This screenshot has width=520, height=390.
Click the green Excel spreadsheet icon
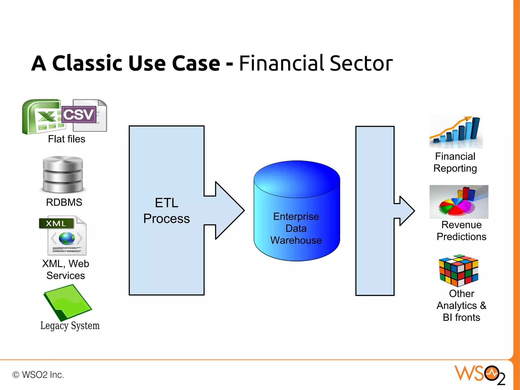tap(41, 117)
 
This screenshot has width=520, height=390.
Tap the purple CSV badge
tap(79, 115)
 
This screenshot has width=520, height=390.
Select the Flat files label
tap(67, 139)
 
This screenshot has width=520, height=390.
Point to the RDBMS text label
tap(64, 202)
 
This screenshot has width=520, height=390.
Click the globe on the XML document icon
tap(67, 238)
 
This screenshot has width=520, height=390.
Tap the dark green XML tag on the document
tap(56, 223)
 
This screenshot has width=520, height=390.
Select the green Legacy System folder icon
tap(67, 302)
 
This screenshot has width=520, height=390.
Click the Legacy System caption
tap(70, 326)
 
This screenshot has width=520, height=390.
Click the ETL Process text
tap(166, 211)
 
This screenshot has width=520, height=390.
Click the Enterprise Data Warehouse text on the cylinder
tap(296, 228)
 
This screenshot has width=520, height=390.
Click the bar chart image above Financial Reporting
tap(456, 132)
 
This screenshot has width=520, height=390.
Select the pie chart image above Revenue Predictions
tap(459, 202)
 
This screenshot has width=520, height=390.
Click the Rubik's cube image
tap(459, 271)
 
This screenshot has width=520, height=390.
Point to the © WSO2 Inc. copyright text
tap(38, 375)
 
